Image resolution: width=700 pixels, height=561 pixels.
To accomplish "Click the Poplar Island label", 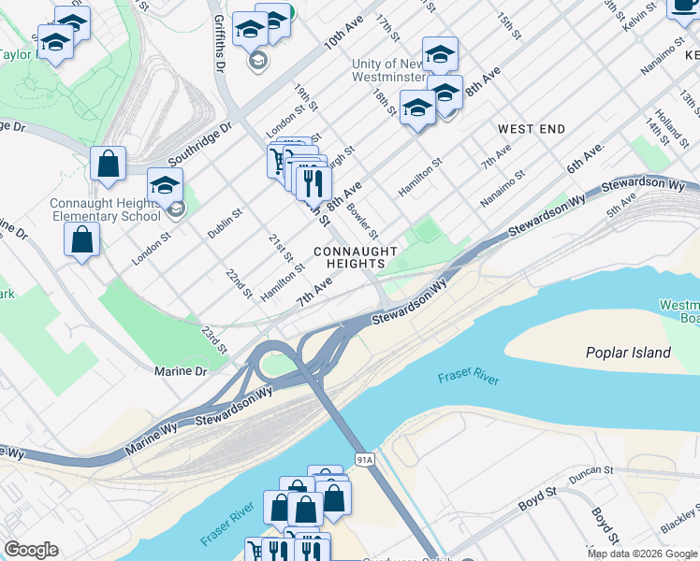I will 628,352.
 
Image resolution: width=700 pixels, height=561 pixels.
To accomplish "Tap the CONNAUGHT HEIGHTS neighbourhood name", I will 356,258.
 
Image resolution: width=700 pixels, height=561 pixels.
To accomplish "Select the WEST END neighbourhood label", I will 532,128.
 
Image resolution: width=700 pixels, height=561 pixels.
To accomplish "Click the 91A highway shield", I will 365,459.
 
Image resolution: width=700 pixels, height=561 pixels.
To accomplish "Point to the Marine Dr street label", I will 181,371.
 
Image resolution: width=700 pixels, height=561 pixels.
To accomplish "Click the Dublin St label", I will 226,224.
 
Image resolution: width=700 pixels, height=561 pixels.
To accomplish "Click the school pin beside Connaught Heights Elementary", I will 165,185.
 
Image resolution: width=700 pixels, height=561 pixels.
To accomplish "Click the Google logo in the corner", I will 31,550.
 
